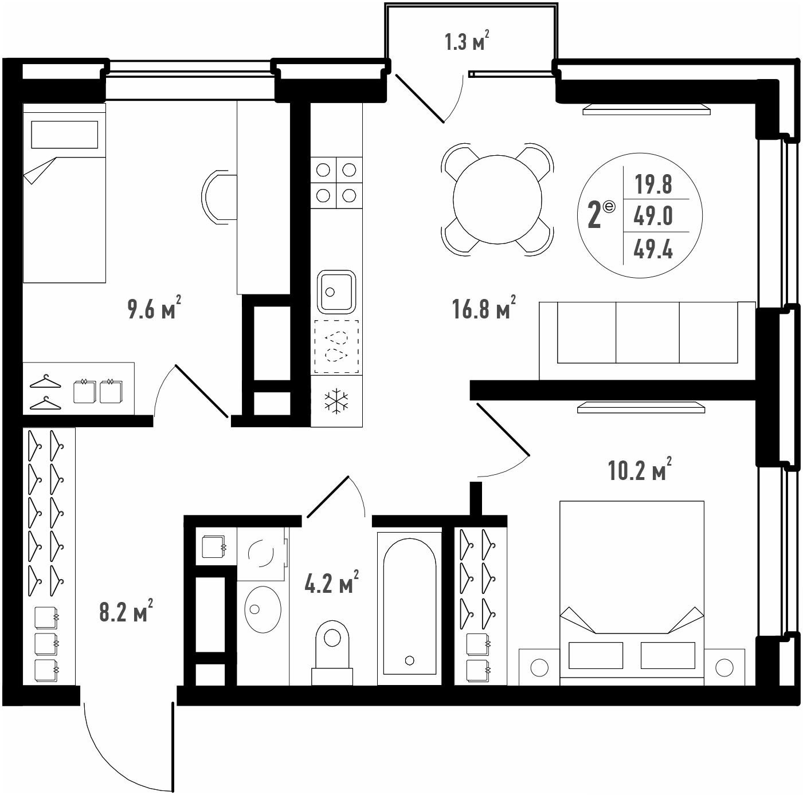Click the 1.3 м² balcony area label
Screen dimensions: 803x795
click(x=467, y=41)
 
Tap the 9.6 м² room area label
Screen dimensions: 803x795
click(x=154, y=308)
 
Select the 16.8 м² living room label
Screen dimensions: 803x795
click(x=484, y=308)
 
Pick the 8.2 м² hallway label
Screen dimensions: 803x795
click(x=126, y=611)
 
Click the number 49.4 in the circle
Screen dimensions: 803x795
click(x=653, y=250)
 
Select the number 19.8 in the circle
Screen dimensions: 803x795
click(x=653, y=184)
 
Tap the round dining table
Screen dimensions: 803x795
click(x=497, y=199)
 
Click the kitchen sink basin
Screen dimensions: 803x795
click(x=336, y=292)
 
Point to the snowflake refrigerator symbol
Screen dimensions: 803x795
click(x=336, y=402)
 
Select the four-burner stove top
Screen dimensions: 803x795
click(x=336, y=183)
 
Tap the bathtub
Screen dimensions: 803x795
click(x=409, y=608)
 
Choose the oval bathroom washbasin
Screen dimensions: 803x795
click(x=263, y=609)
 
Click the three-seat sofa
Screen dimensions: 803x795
click(x=647, y=341)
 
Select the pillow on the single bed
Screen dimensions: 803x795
click(x=65, y=135)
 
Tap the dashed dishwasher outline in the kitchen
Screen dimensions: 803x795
click(x=336, y=347)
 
